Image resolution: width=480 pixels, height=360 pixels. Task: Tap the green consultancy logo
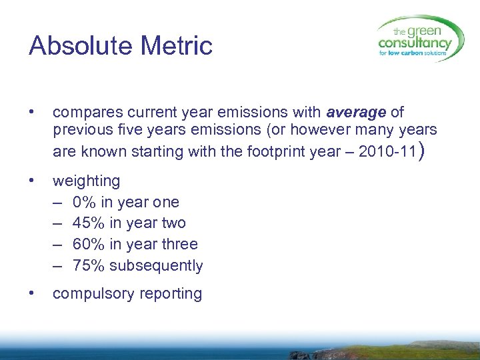(x=420, y=39)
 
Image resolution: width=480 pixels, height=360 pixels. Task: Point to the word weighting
(x=87, y=181)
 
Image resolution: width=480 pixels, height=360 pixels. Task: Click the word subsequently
(x=156, y=266)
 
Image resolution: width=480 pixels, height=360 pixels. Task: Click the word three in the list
(x=180, y=245)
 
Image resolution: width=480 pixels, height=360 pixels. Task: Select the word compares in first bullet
(x=83, y=112)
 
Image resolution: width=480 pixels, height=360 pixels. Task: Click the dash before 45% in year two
(x=59, y=223)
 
